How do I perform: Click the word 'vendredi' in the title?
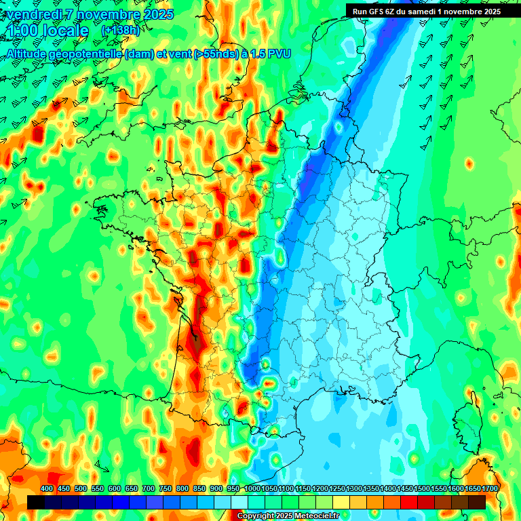coord(32,14)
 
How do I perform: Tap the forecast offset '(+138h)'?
coord(120,31)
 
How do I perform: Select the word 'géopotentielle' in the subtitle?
coord(88,53)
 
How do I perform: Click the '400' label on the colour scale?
coord(47,488)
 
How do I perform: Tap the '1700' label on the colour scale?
coord(490,488)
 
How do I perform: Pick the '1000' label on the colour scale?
coord(252,488)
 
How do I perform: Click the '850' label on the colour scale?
coord(199,488)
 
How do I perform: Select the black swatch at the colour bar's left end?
coord(36,502)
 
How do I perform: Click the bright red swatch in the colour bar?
coord(409,502)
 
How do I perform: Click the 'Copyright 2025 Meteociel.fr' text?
coord(289,516)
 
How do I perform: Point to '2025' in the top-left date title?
coord(157,14)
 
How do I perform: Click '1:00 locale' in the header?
coord(47,31)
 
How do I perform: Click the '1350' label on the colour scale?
coord(371,488)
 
